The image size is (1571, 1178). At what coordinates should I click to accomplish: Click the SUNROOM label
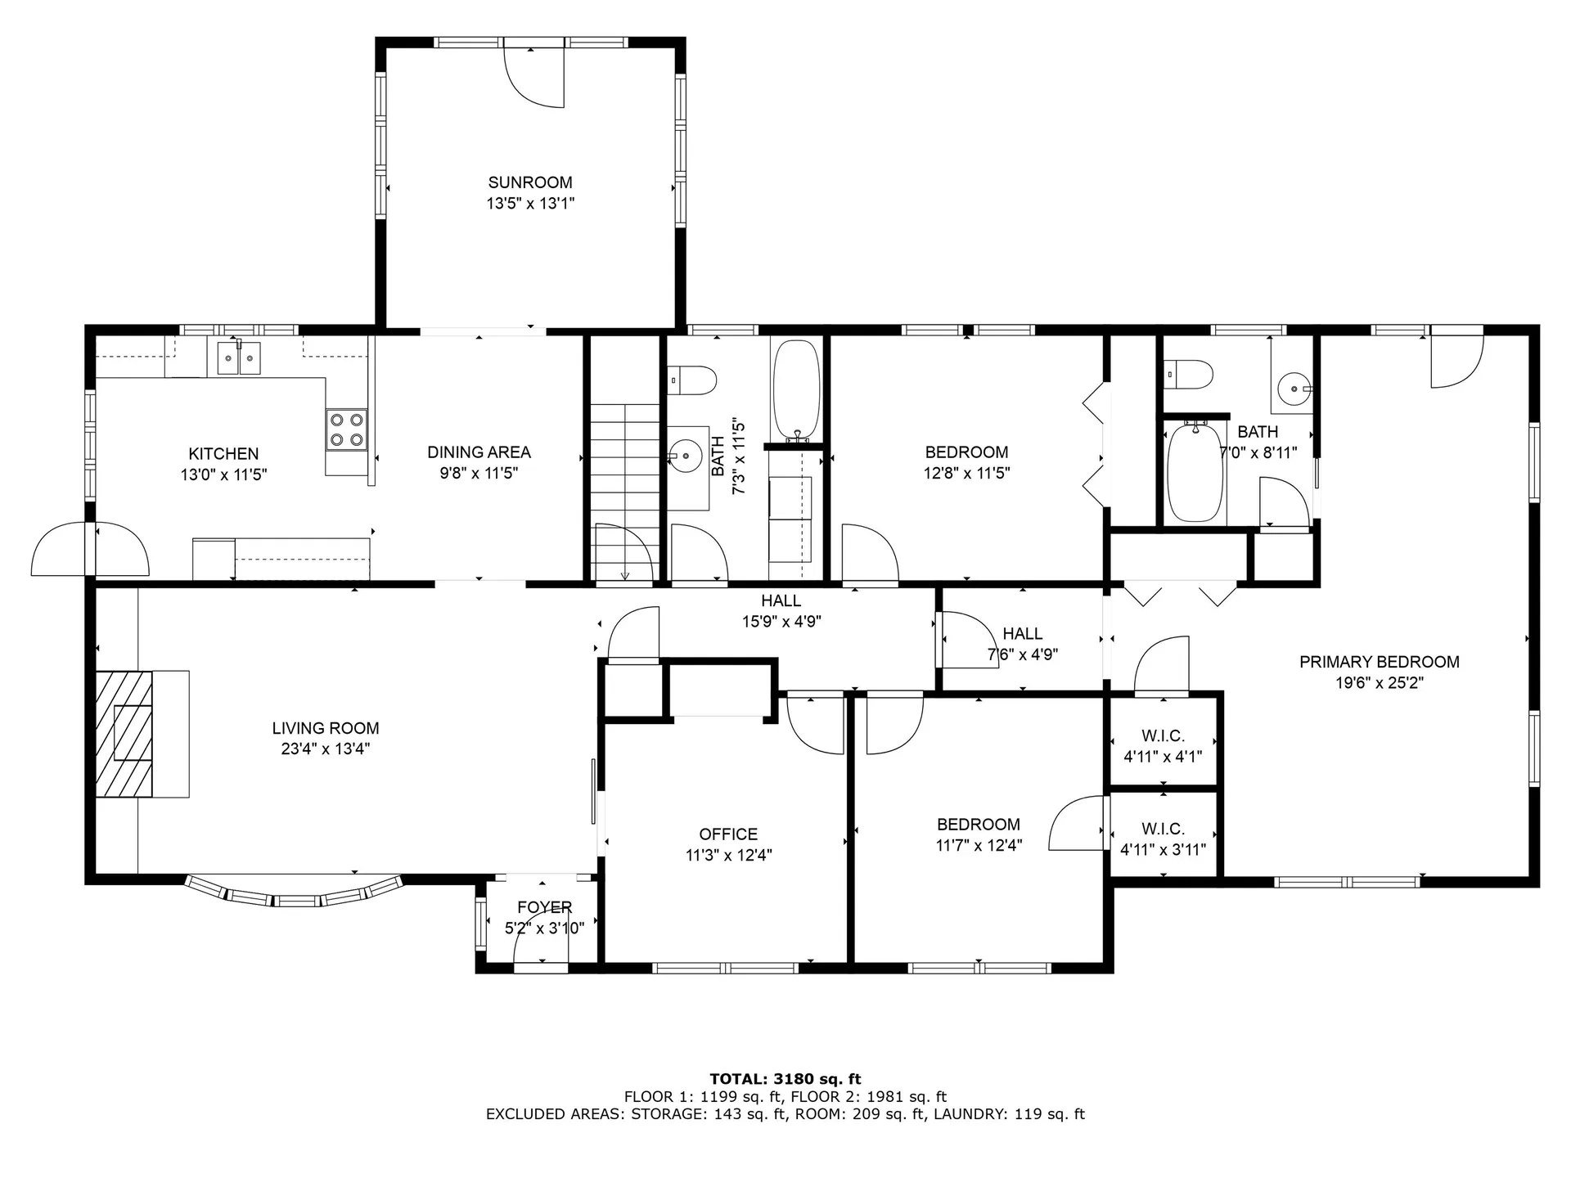coord(530,182)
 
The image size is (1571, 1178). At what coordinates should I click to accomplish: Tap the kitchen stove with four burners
coord(346,429)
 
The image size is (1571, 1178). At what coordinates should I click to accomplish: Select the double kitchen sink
coord(239,358)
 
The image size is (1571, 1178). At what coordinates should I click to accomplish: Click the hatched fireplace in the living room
coord(124,733)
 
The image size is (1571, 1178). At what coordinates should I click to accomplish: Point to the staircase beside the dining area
coord(625,491)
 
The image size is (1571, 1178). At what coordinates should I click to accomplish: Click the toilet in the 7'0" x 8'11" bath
coord(1188,375)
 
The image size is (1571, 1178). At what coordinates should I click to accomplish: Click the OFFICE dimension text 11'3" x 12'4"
coord(728,855)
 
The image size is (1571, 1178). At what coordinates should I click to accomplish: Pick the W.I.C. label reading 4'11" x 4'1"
coord(1163,757)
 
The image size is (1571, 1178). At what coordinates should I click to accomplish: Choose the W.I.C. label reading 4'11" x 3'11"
coord(1163,849)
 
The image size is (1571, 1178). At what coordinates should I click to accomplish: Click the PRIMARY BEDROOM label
coord(1379,662)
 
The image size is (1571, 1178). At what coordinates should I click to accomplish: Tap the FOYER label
coord(544,907)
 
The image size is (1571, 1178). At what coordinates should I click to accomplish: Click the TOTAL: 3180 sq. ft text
coord(785,1079)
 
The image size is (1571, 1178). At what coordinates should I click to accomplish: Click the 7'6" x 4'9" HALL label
coord(1023,654)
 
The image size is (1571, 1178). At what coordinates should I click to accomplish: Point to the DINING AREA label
coord(479,452)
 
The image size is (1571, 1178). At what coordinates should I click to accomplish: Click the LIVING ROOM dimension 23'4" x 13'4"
coord(325,749)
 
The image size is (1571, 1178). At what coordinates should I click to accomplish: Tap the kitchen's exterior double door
coord(90,550)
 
